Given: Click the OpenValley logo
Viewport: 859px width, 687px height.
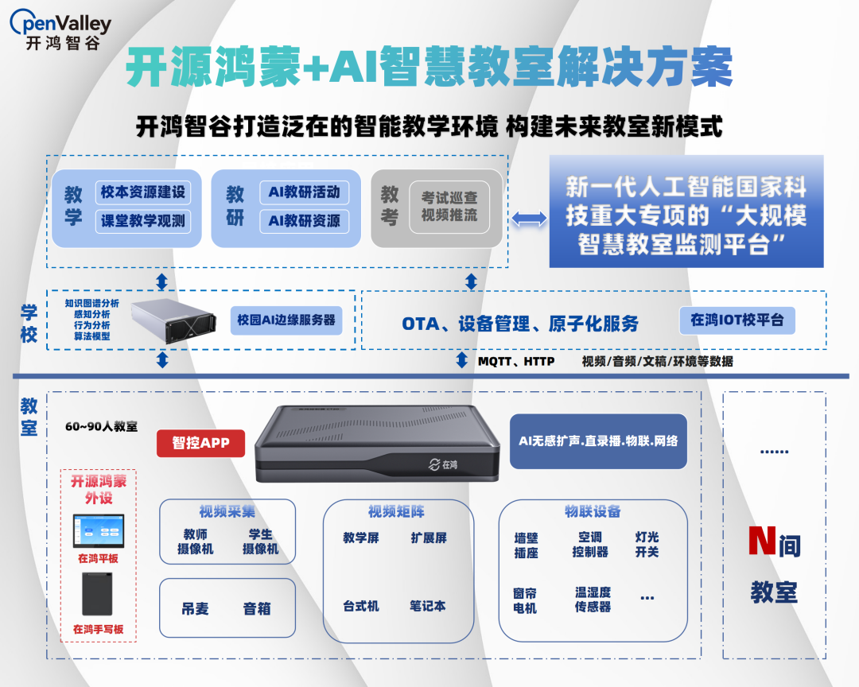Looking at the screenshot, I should [x=60, y=30].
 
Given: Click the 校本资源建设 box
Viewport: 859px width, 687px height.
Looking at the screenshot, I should [x=143, y=192].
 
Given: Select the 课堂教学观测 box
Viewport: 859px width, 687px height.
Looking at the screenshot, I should [x=143, y=221].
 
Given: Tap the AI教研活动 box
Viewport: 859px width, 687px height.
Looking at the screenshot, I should [x=305, y=192].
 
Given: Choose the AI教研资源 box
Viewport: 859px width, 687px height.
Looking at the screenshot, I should [x=305, y=221].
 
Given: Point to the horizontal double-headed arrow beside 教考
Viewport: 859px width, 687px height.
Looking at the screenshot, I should [x=529, y=218].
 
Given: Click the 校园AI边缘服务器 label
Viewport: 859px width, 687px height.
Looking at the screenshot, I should [x=286, y=320].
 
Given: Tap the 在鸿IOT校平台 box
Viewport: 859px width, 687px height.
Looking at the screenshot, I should [x=737, y=320].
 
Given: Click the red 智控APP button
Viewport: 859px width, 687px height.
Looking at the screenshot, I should [x=200, y=443].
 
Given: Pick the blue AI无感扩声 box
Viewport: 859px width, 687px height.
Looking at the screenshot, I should [x=598, y=441].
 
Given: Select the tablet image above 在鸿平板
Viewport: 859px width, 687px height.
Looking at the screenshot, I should [x=98, y=530].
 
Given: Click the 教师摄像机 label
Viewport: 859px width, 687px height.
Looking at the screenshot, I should [x=195, y=542].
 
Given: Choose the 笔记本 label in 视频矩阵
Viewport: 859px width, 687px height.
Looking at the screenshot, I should [x=428, y=606].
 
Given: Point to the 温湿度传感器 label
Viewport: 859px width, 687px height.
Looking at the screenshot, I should [x=593, y=600].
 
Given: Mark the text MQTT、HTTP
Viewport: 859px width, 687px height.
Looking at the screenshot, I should [x=516, y=361].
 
